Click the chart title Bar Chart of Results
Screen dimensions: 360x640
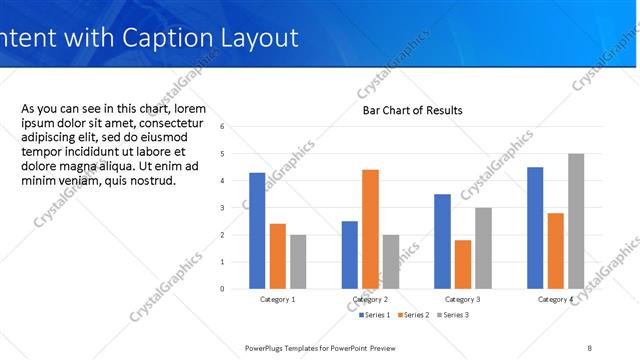pos(412,110)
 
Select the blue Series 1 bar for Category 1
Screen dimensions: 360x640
pos(257,231)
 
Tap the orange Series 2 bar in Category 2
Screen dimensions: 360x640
pos(370,229)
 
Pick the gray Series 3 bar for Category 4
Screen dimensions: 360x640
pos(575,221)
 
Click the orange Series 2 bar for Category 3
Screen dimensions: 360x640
pos(462,264)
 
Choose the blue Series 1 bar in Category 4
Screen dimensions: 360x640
pos(535,228)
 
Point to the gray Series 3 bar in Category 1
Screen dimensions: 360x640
pos(298,262)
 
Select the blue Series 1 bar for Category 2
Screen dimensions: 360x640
pos(350,255)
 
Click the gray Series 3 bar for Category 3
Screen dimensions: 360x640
pos(482,248)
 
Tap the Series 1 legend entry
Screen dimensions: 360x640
pos(376,315)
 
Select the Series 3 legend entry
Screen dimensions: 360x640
pos(452,315)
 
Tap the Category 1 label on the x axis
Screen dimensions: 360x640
pos(277,300)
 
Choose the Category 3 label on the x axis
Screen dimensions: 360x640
pos(462,300)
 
